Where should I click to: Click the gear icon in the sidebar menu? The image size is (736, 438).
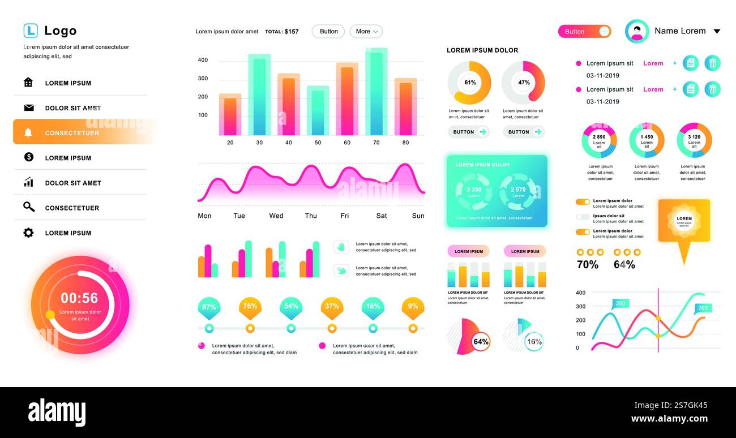click(28, 233)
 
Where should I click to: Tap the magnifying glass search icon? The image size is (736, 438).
click(28, 207)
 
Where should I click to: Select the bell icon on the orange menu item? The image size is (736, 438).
click(28, 133)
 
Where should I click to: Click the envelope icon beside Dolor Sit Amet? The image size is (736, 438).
click(29, 108)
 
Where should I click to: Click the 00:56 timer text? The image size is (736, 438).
click(79, 298)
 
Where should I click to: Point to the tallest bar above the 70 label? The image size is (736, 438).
click(376, 92)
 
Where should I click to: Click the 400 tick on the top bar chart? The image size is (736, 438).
click(203, 60)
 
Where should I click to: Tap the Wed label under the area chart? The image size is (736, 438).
click(276, 216)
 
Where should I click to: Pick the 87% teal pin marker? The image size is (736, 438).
click(209, 307)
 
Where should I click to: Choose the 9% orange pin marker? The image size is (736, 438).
click(413, 307)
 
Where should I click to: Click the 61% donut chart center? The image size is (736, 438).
click(470, 83)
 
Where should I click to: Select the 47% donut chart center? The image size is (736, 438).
click(524, 83)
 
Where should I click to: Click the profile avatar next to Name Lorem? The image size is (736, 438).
click(637, 32)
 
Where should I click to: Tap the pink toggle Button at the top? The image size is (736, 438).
click(584, 32)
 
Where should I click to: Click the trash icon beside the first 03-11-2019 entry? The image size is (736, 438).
click(713, 63)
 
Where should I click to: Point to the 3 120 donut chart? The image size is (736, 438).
click(694, 140)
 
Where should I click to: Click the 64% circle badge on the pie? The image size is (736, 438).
click(481, 342)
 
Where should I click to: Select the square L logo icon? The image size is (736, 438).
click(31, 31)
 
